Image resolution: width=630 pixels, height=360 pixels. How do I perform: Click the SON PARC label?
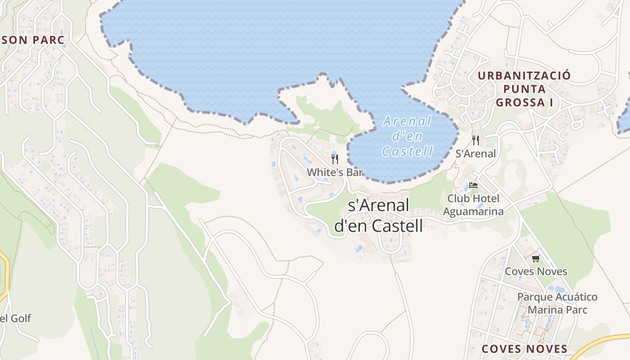coord(33,40)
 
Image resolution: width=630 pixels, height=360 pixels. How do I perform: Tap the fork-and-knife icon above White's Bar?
coord(334,159)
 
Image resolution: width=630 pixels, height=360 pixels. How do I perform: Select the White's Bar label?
coord(334,172)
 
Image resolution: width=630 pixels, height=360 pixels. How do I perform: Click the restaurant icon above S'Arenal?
coord(476,140)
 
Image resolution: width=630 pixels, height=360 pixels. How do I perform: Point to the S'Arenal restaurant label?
coord(476,153)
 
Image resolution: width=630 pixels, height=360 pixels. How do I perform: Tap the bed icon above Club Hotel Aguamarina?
coord(473,185)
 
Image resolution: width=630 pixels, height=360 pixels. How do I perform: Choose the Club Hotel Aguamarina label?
coord(473,205)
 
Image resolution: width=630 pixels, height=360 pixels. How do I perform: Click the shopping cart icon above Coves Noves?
coord(535,258)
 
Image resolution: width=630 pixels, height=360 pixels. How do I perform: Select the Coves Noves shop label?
coord(535,271)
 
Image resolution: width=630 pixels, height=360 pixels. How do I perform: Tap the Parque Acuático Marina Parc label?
coord(557,303)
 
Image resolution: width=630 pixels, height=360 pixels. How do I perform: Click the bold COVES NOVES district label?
coord(524,349)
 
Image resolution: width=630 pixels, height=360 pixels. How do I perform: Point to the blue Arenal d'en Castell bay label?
coord(407,136)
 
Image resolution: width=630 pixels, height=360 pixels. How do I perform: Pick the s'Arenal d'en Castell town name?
coord(378,216)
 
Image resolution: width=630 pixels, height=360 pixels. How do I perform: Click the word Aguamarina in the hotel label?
coord(473,211)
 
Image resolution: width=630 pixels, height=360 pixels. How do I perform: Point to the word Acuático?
coord(569,297)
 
